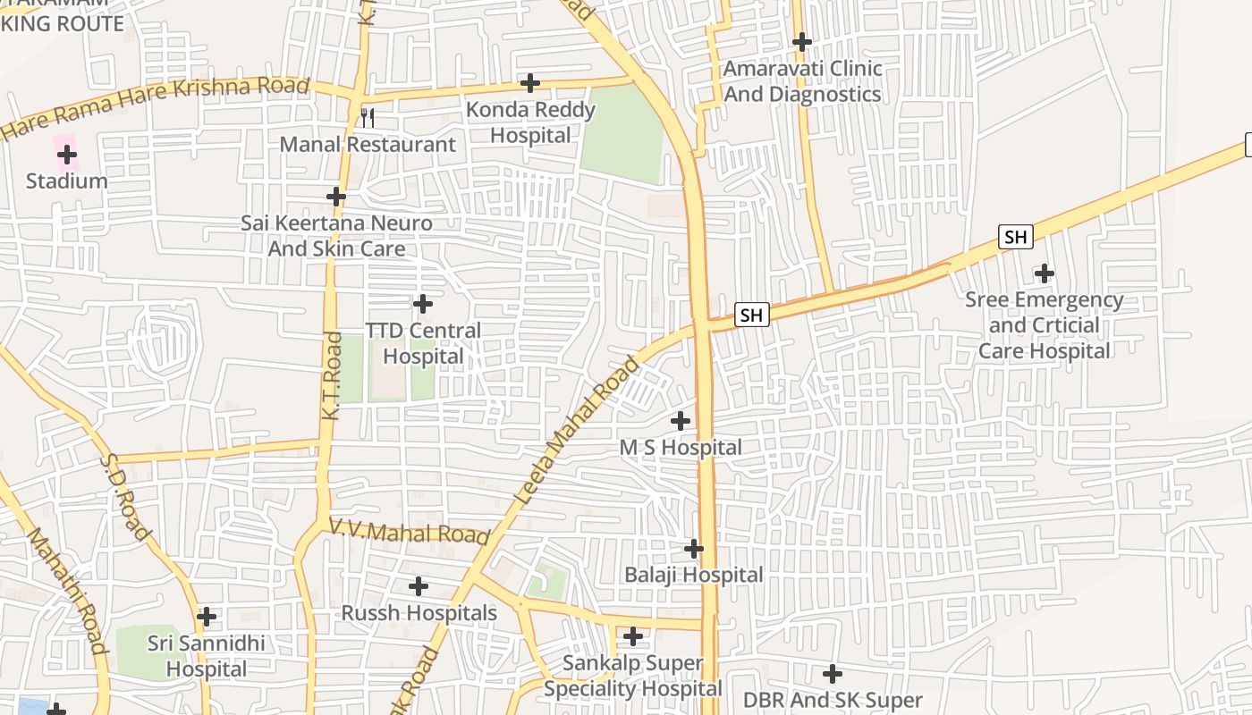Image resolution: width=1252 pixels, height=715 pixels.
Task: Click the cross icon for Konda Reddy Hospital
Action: click(530, 83)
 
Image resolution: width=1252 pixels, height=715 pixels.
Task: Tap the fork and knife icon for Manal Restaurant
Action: click(367, 117)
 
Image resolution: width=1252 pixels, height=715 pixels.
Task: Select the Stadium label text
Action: click(66, 181)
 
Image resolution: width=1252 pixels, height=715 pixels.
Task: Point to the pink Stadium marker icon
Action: click(66, 155)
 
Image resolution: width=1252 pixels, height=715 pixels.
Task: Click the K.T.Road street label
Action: click(332, 376)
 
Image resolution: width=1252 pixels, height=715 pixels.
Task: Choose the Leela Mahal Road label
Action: click(579, 430)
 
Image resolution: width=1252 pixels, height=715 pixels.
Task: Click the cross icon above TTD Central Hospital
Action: click(423, 304)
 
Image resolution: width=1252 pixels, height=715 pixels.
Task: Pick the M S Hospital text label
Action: click(681, 447)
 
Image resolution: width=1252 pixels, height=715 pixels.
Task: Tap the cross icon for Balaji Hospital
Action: click(694, 548)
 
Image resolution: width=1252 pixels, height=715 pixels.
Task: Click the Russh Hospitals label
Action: click(419, 613)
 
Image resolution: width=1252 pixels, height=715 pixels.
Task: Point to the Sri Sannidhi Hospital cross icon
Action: click(207, 617)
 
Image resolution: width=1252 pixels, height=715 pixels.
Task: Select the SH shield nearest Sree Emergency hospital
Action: click(1015, 237)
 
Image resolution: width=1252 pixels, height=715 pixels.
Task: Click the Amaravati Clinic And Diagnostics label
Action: click(802, 81)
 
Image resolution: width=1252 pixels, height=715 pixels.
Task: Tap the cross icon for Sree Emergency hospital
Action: click(1044, 273)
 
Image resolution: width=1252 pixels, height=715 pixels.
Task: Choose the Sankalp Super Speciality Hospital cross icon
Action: click(633, 636)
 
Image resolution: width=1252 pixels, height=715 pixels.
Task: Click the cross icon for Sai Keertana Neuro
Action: click(336, 196)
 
